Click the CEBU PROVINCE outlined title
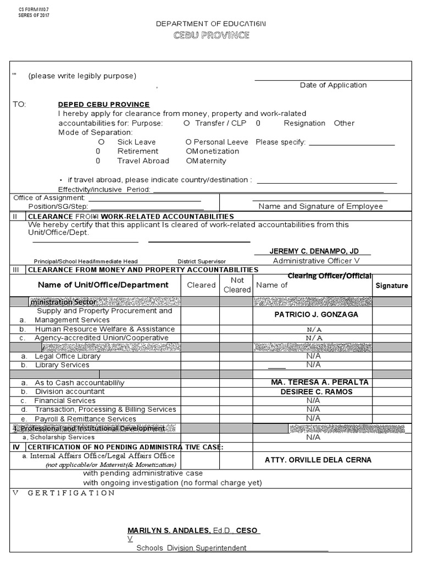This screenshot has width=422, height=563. pos(211,36)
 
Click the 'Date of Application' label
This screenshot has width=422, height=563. pos(333,85)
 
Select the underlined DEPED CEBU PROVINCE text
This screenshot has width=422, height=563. pos(104,104)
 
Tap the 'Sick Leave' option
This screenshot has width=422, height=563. pos(129,142)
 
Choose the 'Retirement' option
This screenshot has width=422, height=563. pos(137,151)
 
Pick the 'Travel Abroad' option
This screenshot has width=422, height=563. pos(143,161)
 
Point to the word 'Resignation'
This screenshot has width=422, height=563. pos(304,123)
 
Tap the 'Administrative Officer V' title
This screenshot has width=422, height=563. pos(316,261)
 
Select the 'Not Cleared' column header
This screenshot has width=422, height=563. pos(237,285)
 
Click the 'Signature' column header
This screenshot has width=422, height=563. pos(392,285)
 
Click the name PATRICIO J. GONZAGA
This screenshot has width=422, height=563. pos(316,315)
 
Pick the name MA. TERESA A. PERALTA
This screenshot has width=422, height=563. pos(320,382)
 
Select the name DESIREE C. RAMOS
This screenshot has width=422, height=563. pos(316,391)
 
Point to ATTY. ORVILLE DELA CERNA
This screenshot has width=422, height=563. pos(318,460)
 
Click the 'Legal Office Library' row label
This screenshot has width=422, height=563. pos(68,356)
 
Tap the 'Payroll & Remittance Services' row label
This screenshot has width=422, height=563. pos(85,418)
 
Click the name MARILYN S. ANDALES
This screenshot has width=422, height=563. pos(169,531)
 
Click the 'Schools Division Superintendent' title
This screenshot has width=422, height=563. pos(191,548)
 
